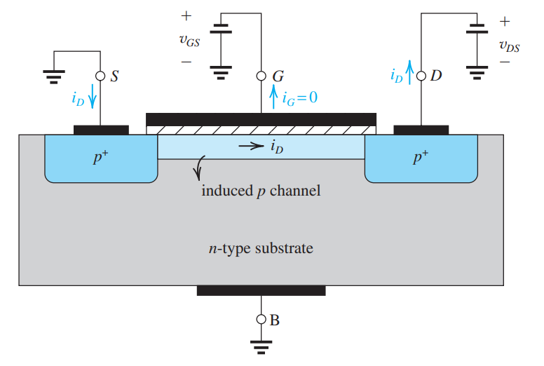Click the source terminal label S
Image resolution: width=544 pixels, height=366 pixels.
[x=114, y=76]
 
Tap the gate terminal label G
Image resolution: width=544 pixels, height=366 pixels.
[x=278, y=76]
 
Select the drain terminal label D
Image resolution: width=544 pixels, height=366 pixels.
[x=436, y=76]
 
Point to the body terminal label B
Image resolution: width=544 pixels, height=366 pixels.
[x=275, y=320]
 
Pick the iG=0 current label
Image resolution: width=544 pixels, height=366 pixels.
[x=300, y=97]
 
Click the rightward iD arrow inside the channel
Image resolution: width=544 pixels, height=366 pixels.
[x=248, y=147]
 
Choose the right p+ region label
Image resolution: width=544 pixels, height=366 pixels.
[x=420, y=157]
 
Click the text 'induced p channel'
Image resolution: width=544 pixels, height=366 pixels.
[x=261, y=190]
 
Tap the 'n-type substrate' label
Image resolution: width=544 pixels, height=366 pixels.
[x=261, y=248]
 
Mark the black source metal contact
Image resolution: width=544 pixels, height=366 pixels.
[x=101, y=130]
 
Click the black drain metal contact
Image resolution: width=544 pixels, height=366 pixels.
[x=421, y=130]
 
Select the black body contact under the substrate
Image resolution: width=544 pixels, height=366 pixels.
[x=261, y=290]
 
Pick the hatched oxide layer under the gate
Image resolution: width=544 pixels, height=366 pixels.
[x=261, y=130]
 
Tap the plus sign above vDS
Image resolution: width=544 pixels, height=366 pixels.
[x=504, y=22]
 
